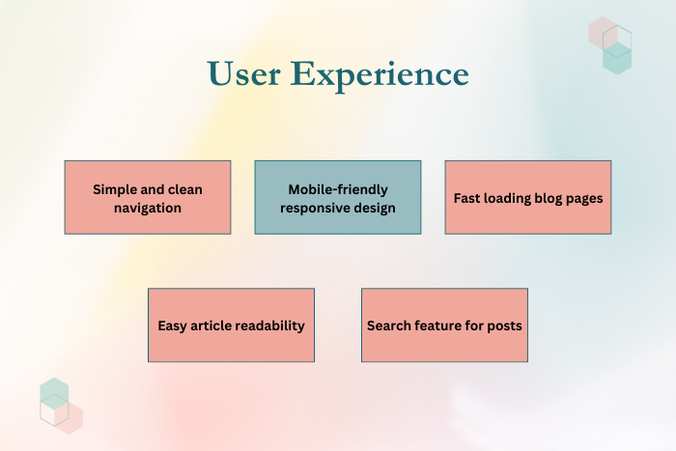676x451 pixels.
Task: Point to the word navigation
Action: (148, 207)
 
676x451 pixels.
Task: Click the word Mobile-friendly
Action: (338, 189)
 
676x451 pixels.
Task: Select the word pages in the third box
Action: (583, 198)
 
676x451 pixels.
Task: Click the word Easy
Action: (174, 325)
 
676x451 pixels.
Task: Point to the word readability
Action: (270, 325)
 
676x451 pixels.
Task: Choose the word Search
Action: (389, 325)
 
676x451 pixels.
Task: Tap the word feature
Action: (441, 325)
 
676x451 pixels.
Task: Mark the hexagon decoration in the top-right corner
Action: (610, 44)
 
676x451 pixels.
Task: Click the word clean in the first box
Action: (183, 189)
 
